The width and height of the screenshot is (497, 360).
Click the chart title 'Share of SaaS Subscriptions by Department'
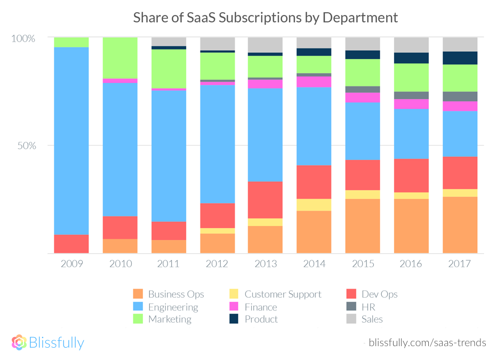[x=265, y=18]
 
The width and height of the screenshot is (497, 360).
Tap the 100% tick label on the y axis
[x=23, y=38]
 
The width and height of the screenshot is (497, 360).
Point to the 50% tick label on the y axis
[x=25, y=146]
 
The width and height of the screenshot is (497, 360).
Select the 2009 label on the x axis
[x=71, y=263]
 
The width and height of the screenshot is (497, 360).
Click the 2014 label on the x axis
[x=314, y=263]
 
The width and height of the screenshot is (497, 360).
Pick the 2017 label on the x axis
[x=460, y=263]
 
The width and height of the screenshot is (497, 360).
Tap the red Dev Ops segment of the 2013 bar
[x=265, y=199]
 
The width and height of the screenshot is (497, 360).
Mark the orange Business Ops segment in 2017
[x=460, y=225]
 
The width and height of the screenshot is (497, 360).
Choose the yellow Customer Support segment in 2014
[x=314, y=205]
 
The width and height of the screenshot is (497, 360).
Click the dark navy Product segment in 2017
[x=460, y=58]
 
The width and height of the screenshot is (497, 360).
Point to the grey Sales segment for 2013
[x=265, y=45]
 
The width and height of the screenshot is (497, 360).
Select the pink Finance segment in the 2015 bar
[x=362, y=97]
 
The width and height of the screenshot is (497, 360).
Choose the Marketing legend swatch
[x=138, y=319]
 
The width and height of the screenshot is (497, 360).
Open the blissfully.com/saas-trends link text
[x=427, y=342]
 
